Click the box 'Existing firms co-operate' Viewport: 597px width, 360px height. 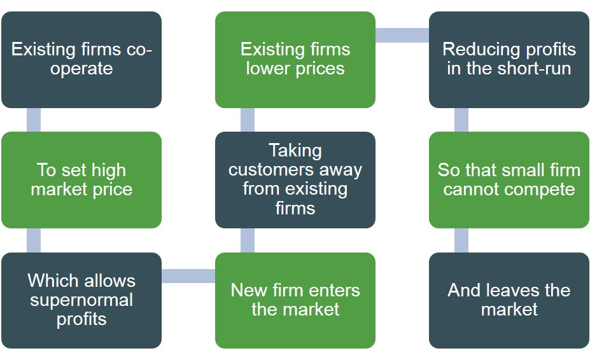click(x=81, y=59)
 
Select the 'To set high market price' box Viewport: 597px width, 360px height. click(x=81, y=179)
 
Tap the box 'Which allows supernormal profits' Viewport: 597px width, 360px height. click(x=81, y=300)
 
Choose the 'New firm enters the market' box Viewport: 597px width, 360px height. click(x=295, y=300)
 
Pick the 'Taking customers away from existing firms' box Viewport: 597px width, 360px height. click(x=295, y=179)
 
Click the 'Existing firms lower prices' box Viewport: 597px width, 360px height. click(x=295, y=59)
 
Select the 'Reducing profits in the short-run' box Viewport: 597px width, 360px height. click(x=509, y=59)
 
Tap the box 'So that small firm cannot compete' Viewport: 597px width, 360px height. click(x=509, y=179)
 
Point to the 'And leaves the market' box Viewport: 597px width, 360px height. click(x=509, y=300)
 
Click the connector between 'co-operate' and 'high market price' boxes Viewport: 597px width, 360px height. click(x=34, y=120)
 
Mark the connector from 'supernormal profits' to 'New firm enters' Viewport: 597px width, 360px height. click(x=188, y=276)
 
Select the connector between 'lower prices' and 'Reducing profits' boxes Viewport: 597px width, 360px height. click(x=402, y=35)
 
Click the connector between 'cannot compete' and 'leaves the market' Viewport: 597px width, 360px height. click(x=461, y=240)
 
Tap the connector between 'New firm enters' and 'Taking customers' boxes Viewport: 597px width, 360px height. click(x=248, y=240)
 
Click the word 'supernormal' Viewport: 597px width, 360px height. click(x=81, y=300)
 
